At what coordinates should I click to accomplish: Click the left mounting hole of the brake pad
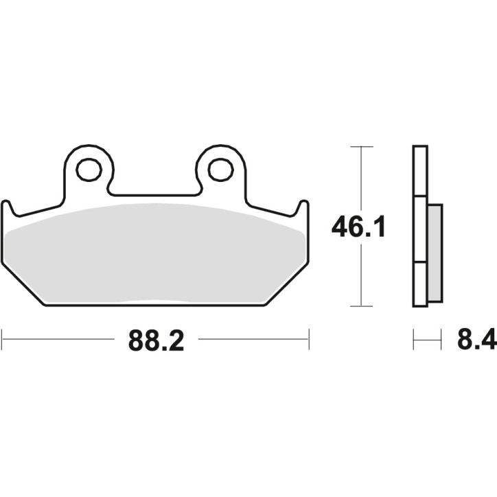click(89, 170)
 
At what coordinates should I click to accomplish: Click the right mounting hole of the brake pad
click(221, 170)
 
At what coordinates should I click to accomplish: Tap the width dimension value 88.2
click(156, 340)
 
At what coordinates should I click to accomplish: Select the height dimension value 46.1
click(358, 227)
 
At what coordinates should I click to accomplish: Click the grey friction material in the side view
click(435, 253)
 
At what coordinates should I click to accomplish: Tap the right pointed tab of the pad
click(303, 208)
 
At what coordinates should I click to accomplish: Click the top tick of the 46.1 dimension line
click(361, 146)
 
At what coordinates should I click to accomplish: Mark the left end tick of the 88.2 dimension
click(3, 338)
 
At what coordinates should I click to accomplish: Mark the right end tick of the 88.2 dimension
click(309, 338)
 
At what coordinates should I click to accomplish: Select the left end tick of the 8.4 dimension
click(413, 338)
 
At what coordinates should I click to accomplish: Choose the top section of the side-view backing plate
click(420, 171)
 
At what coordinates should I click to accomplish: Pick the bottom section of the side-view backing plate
click(420, 284)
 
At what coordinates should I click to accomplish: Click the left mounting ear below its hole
click(89, 192)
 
